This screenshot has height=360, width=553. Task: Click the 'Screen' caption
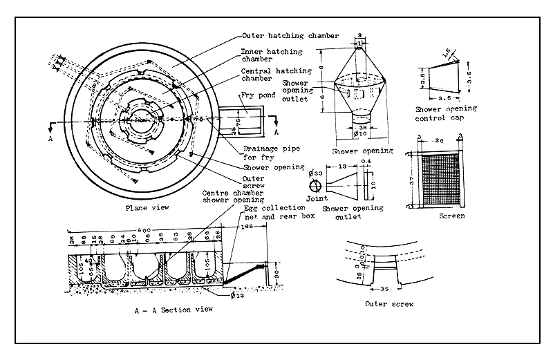(452, 216)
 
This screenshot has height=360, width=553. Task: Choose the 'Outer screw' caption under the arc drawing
(389, 303)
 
